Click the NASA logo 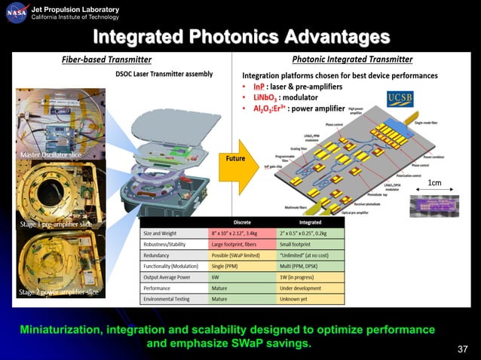point(17,13)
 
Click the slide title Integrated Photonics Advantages point(240,37)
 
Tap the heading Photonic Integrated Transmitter point(351,59)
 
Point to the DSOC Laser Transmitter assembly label point(164,74)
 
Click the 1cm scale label point(434,183)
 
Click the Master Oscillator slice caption point(52,155)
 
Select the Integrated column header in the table point(311,223)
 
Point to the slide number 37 point(462,348)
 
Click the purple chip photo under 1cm point(432,206)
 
